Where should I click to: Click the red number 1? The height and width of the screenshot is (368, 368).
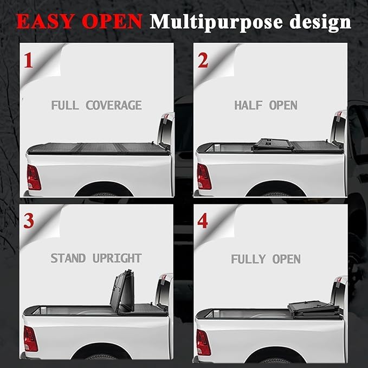point(28,60)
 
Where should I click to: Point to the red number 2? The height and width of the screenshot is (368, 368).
point(203,60)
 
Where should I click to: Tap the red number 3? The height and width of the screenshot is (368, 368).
point(28,220)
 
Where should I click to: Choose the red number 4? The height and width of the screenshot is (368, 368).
point(203,221)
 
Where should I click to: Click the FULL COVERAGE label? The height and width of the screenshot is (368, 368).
point(96,105)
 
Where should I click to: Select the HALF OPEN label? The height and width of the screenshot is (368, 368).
point(266,105)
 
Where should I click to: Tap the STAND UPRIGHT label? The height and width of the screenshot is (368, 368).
point(96,258)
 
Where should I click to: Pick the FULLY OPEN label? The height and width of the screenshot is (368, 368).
point(266,259)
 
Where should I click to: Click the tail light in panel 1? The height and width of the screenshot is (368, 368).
point(33,177)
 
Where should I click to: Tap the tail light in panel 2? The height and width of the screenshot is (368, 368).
point(204,176)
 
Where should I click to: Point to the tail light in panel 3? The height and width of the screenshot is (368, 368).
point(30,339)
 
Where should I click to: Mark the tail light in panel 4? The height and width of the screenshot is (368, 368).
point(203,342)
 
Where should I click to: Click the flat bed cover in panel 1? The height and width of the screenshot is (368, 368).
point(98,148)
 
